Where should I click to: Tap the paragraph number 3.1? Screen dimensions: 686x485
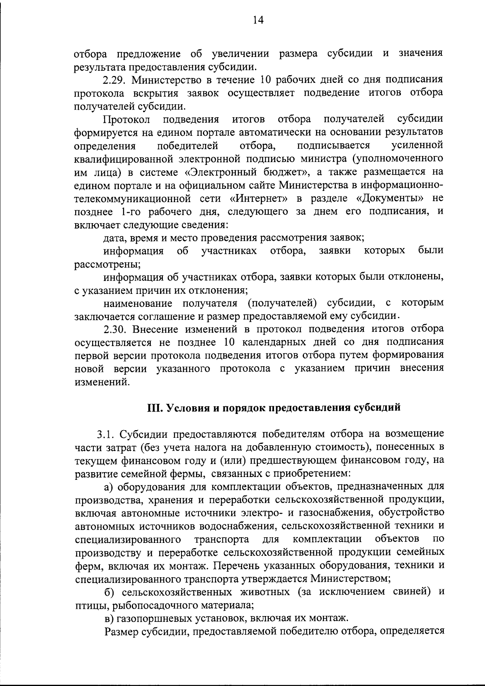pos(106,434)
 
